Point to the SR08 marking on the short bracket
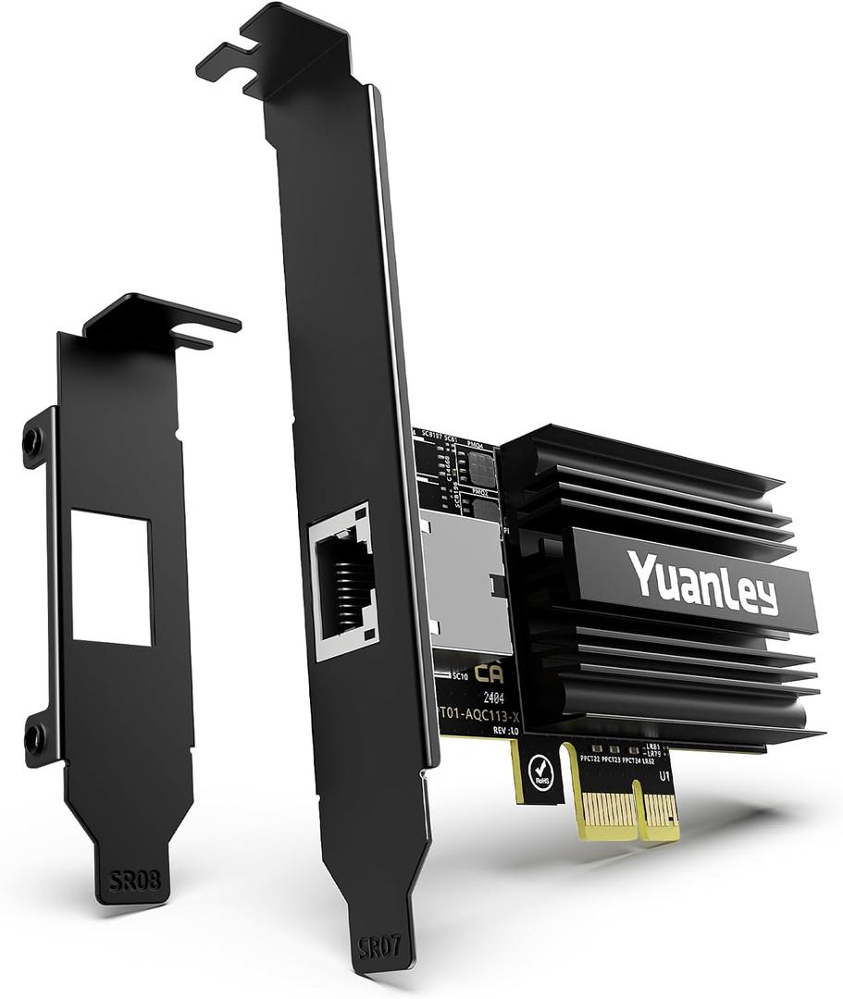point(134,880)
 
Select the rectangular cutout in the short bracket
point(111,578)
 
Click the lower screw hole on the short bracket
point(33,738)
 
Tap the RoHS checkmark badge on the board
point(539,771)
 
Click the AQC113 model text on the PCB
point(481,714)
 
